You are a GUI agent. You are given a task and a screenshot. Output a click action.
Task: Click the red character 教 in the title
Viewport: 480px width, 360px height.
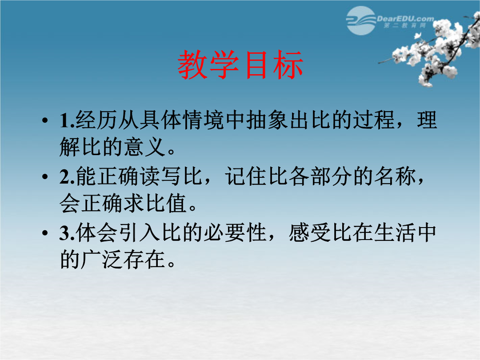coord(193,65)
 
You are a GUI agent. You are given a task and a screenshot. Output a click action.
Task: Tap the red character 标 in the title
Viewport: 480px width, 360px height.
coord(288,65)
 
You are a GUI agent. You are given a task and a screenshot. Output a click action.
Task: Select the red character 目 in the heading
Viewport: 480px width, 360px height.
coord(256,65)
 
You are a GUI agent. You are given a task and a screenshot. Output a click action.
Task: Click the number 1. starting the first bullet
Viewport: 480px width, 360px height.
coord(67,120)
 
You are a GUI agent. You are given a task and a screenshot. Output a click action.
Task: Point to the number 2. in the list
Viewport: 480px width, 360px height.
coord(67,177)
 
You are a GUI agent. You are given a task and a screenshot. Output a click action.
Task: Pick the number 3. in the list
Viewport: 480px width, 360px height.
coord(67,233)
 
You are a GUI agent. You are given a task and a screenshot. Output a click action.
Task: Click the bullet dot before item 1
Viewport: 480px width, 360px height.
coord(45,120)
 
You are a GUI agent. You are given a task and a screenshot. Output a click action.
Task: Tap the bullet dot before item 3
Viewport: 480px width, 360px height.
coord(45,233)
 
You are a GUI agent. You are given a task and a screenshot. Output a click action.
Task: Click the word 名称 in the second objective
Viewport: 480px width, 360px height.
coord(395,176)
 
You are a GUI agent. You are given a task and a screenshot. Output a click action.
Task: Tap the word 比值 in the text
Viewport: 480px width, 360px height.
coord(166,203)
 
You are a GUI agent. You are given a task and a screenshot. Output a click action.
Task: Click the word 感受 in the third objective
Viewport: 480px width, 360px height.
coord(310,232)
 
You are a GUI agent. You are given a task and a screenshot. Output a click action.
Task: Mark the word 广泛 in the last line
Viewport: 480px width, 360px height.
coord(102,260)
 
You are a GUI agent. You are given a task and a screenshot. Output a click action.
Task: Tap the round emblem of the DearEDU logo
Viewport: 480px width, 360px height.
coord(361,20)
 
